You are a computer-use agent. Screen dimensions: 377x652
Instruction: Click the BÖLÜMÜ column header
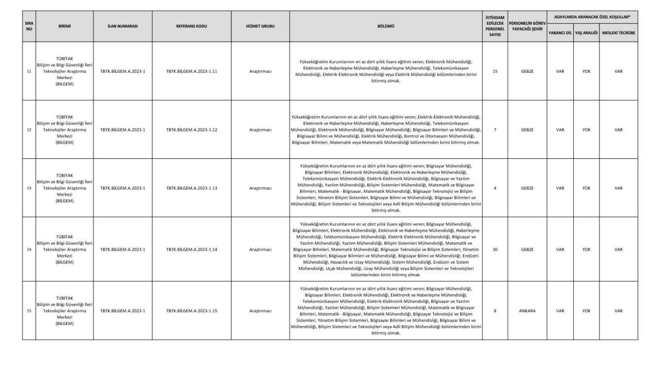pos(385,26)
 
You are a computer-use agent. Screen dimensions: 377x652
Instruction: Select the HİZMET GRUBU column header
pos(260,26)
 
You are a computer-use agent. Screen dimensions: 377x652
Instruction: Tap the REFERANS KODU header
pos(191,26)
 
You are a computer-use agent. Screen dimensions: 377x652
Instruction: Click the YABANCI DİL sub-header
pos(560,32)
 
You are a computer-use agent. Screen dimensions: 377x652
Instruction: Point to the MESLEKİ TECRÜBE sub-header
pos(618,32)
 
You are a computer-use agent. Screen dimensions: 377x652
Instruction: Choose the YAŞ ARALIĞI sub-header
pos(586,32)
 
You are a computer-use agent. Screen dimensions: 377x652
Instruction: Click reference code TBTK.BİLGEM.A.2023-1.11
pos(191,71)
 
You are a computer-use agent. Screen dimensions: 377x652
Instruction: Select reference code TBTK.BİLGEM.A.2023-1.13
pos(191,188)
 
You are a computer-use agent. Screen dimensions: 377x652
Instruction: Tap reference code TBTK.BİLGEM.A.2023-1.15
pos(191,311)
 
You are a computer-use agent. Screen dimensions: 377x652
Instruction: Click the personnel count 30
pos(495,249)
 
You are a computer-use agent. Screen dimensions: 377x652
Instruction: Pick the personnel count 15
pos(495,71)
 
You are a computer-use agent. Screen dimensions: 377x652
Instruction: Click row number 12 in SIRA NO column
pos(29,130)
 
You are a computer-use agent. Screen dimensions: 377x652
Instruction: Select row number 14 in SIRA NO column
pos(29,249)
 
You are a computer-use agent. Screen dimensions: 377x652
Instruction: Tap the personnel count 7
pos(495,130)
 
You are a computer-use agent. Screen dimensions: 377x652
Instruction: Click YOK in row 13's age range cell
pos(586,188)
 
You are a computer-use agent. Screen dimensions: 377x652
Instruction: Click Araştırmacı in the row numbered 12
pos(260,130)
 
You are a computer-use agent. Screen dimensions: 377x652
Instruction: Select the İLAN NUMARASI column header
pos(123,26)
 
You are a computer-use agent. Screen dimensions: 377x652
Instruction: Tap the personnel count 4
pos(495,188)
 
